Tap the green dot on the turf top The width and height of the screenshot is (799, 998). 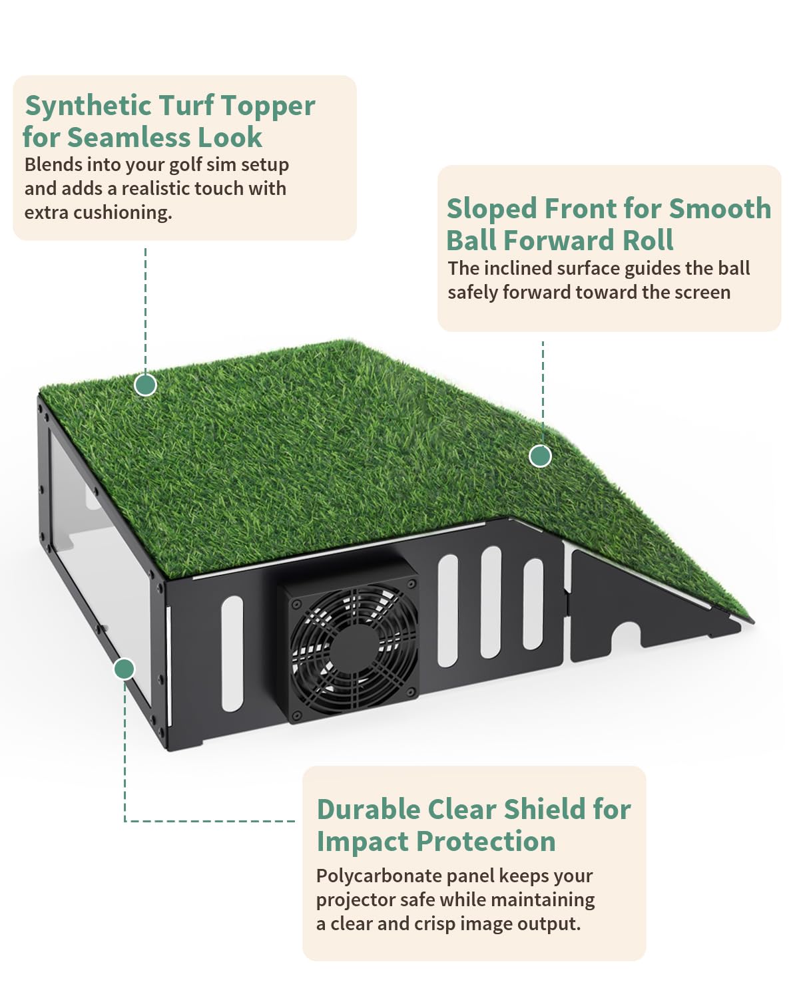tap(145, 385)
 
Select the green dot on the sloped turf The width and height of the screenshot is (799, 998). tap(540, 456)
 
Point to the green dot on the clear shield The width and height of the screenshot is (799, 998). tap(125, 668)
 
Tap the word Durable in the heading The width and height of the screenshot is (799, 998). tap(368, 810)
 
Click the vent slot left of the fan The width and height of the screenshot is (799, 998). tap(232, 653)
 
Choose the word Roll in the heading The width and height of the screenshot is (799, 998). tap(648, 240)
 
